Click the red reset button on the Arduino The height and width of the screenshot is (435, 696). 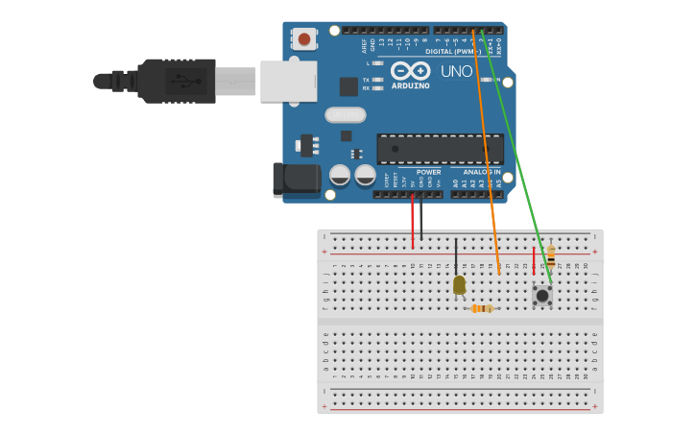pyautogui.click(x=304, y=39)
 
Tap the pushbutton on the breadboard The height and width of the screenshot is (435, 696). pyautogui.click(x=542, y=295)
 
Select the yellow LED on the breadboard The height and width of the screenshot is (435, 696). pyautogui.click(x=459, y=284)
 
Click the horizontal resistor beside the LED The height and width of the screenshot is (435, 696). pyautogui.click(x=482, y=308)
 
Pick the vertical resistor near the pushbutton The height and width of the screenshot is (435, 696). pyautogui.click(x=550, y=256)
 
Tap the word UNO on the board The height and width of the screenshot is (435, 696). pyautogui.click(x=456, y=71)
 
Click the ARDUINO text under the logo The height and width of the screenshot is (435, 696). pyautogui.click(x=410, y=85)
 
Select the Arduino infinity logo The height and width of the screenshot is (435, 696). pyautogui.click(x=410, y=70)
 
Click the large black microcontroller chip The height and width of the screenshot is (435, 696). pyautogui.click(x=440, y=149)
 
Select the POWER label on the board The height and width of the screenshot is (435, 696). pyautogui.click(x=428, y=172)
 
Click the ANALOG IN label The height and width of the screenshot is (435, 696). pyautogui.click(x=482, y=172)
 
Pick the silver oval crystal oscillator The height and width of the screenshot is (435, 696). pyautogui.click(x=346, y=115)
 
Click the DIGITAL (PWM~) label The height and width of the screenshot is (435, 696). pyautogui.click(x=451, y=51)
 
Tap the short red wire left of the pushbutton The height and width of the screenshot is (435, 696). pyautogui.click(x=534, y=260)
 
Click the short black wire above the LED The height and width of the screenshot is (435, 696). pyautogui.click(x=456, y=255)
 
